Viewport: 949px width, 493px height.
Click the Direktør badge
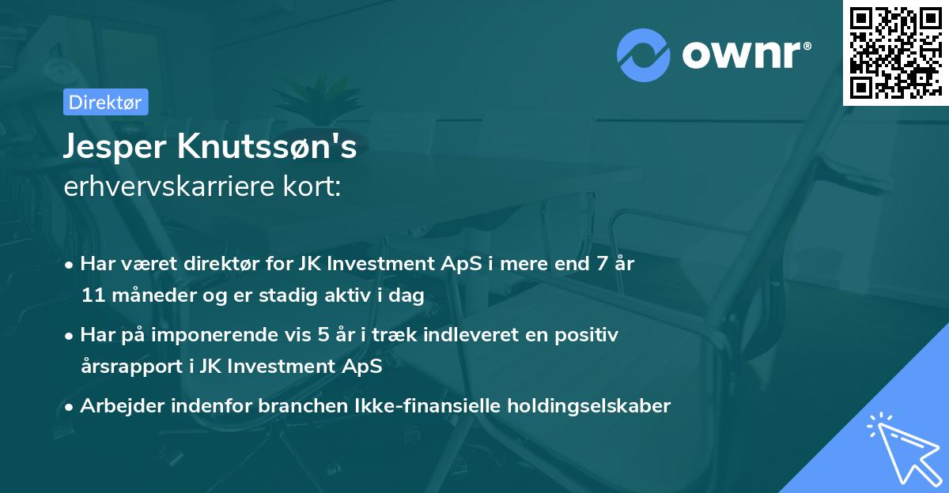(x=105, y=102)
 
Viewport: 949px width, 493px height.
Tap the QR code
(x=895, y=52)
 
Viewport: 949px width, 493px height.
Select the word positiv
(x=588, y=335)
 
